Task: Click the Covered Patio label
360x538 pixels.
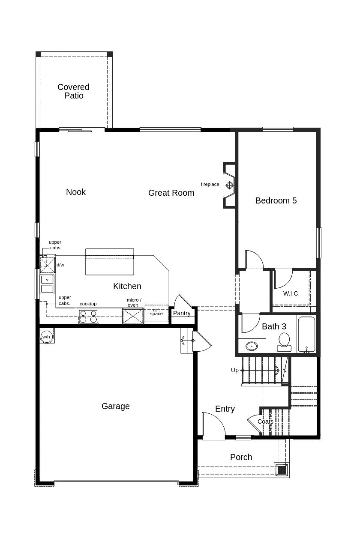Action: point(73,91)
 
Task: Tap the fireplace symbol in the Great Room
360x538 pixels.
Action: point(229,185)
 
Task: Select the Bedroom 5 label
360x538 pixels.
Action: point(276,200)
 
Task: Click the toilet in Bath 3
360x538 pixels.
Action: point(284,341)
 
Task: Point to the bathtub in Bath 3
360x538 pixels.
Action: point(306,334)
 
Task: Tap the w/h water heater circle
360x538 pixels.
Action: point(46,337)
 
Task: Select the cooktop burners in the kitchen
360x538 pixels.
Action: point(88,317)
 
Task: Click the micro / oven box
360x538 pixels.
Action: point(133,316)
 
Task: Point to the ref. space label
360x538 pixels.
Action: point(156,313)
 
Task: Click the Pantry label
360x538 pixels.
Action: point(182,313)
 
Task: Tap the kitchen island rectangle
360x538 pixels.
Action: point(110,262)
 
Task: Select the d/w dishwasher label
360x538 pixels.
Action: point(60,265)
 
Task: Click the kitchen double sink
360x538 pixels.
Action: point(47,284)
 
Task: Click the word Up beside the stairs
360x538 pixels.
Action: point(235,370)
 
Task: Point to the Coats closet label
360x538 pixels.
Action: point(265,421)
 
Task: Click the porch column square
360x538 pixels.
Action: point(282,470)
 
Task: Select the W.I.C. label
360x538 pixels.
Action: point(291,293)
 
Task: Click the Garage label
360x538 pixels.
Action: point(116,406)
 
